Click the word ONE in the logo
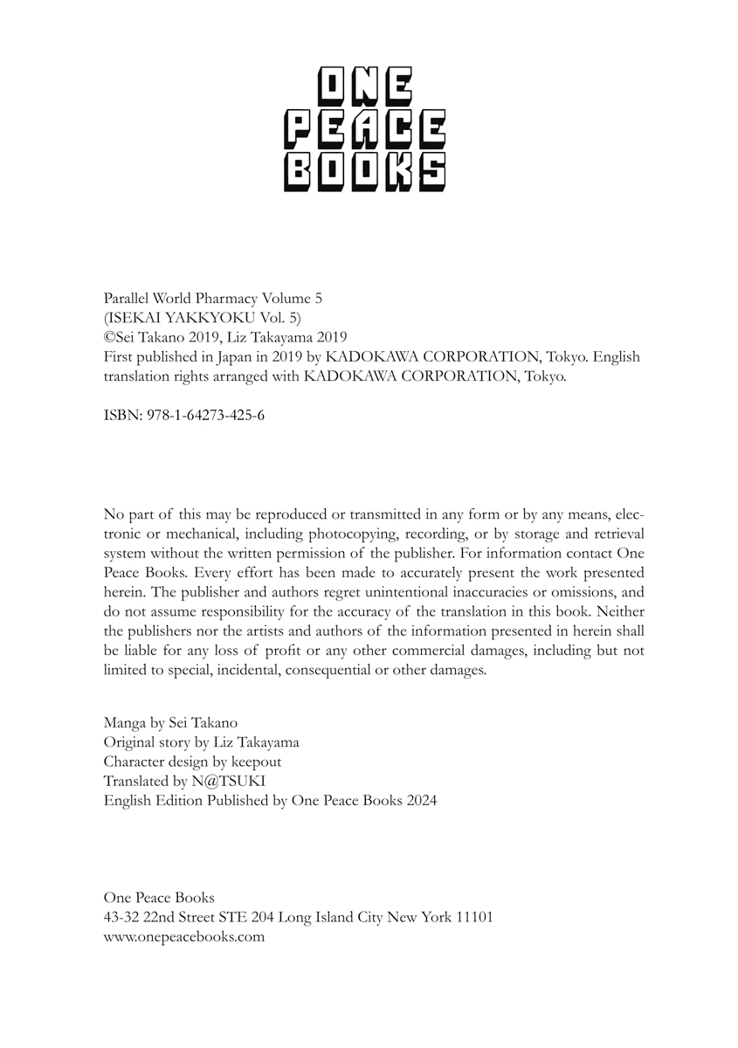click(364, 88)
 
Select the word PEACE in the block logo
click(364, 130)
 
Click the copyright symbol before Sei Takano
click(109, 338)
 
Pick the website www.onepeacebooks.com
click(183, 936)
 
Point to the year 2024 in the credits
click(421, 800)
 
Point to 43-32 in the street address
click(121, 917)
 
